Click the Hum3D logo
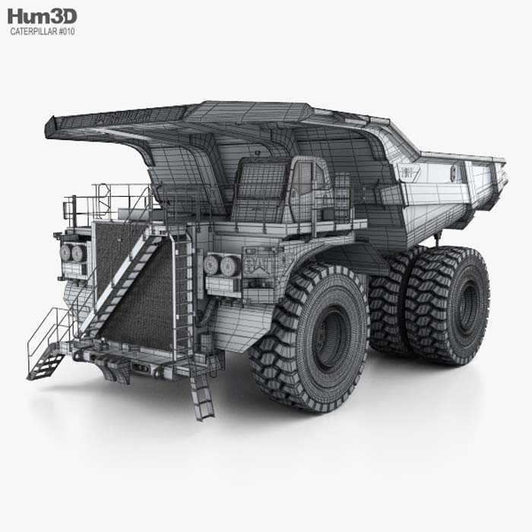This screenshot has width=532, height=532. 43,16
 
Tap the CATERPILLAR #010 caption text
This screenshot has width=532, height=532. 43,32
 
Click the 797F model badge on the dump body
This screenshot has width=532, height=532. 410,172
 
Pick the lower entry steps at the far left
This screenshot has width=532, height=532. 46,362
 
